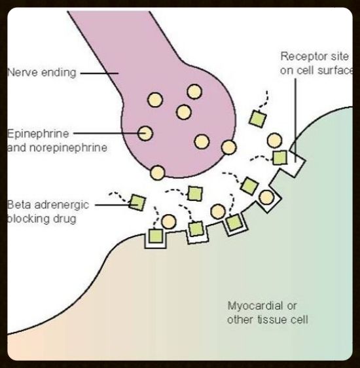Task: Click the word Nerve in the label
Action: pyautogui.click(x=22, y=72)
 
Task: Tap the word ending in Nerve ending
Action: pyautogui.click(x=59, y=73)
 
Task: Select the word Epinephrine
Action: pyautogui.click(x=38, y=134)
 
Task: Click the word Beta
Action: pyautogui.click(x=19, y=205)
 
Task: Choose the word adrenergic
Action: pyautogui.click(x=62, y=206)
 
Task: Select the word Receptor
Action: pyautogui.click(x=301, y=56)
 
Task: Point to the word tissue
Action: pyautogui.click(x=273, y=320)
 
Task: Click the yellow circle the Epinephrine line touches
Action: pyautogui.click(x=145, y=134)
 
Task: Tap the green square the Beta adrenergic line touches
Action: pyautogui.click(x=137, y=202)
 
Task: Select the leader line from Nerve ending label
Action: pyautogui.click(x=99, y=73)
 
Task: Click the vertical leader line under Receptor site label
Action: pyautogui.click(x=295, y=120)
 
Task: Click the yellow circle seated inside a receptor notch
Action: pyautogui.click(x=266, y=197)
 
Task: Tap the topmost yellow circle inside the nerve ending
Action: pyautogui.click(x=194, y=91)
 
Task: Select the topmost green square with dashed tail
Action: pyautogui.click(x=257, y=119)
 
